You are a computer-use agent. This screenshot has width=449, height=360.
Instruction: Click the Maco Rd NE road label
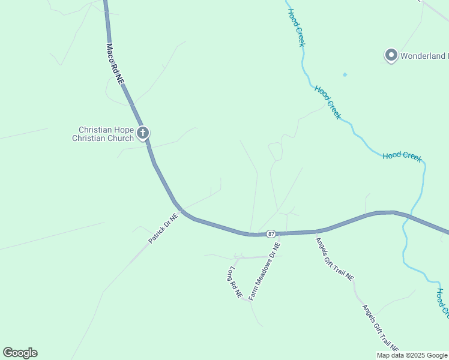click(115, 63)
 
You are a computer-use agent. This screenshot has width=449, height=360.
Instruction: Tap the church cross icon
click(143, 133)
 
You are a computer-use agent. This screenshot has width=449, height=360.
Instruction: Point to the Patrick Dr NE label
click(163, 229)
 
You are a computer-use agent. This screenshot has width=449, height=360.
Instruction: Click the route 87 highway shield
click(271, 233)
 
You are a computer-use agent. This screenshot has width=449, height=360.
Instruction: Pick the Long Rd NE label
click(235, 283)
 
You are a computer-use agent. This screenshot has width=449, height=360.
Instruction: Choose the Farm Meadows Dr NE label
click(265, 271)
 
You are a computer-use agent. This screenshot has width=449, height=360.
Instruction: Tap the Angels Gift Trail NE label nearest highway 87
click(335, 259)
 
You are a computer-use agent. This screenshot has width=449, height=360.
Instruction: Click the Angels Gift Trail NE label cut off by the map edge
click(380, 328)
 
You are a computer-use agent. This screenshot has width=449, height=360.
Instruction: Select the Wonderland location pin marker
click(391, 56)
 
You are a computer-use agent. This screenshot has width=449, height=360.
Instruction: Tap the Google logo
click(20, 353)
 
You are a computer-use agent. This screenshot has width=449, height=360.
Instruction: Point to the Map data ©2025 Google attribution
click(412, 355)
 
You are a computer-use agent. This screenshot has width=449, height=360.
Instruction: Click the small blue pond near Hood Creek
click(345, 74)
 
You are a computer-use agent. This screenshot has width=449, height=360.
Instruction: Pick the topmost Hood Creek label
click(297, 28)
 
